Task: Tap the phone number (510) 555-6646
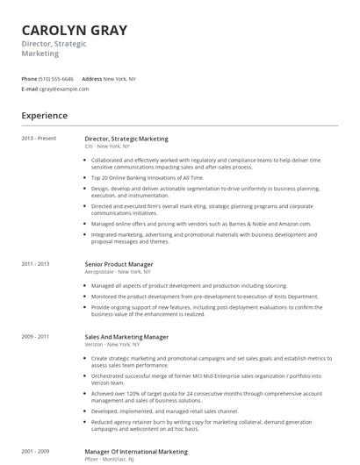(56, 78)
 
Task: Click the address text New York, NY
(119, 78)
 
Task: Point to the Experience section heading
(44, 115)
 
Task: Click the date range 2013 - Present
(39, 139)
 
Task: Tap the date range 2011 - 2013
(35, 264)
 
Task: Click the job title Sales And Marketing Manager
(126, 337)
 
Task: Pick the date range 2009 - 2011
(35, 337)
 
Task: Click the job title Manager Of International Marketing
(136, 451)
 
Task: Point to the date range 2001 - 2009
(35, 451)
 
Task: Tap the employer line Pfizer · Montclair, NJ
(109, 459)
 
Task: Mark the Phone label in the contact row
(29, 78)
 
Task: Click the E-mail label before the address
(30, 89)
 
